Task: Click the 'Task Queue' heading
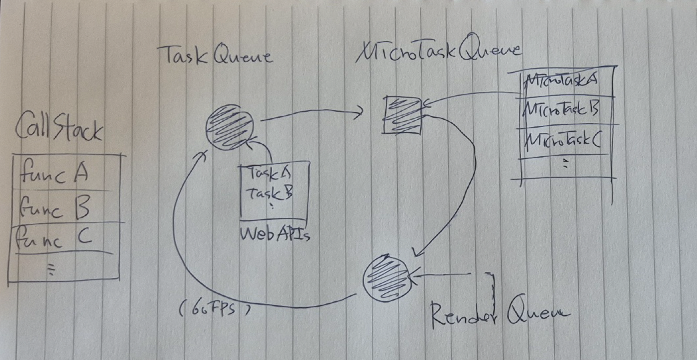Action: coord(215,56)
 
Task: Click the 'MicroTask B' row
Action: coord(562,109)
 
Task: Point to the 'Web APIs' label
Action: coord(275,233)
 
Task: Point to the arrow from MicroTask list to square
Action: coord(472,97)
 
